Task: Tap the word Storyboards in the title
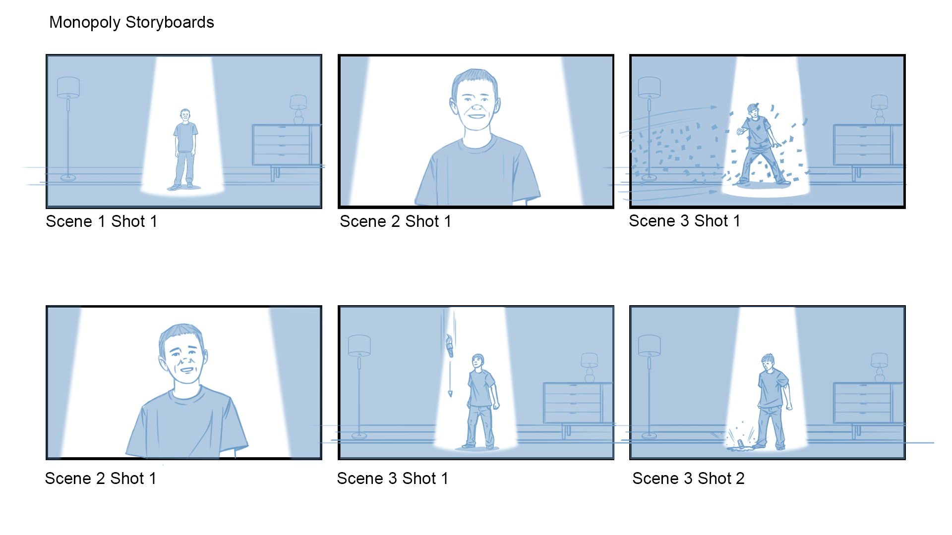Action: coord(170,22)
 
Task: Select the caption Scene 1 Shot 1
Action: coord(102,221)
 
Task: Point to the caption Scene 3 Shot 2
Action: coord(688,479)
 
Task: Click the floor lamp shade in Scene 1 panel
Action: coord(68,87)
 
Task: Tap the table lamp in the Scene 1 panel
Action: coord(298,109)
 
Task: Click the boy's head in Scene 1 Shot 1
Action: coord(185,115)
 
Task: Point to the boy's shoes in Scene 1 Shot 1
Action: coord(181,186)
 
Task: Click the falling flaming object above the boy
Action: coord(450,345)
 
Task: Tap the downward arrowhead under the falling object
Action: coord(450,394)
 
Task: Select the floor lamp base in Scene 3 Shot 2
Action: coord(649,436)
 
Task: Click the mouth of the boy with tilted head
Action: coord(187,370)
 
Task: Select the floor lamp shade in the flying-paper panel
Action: coord(650,87)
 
